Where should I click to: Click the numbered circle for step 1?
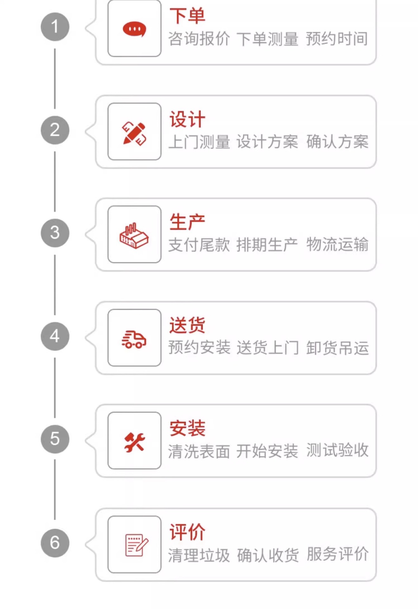pyautogui.click(x=55, y=27)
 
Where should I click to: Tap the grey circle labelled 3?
pyautogui.click(x=55, y=233)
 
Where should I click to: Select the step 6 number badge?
pyautogui.click(x=55, y=543)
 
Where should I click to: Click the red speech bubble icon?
pyautogui.click(x=134, y=29)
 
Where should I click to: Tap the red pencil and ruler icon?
pyautogui.click(x=134, y=133)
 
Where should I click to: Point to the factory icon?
pyautogui.click(x=134, y=235)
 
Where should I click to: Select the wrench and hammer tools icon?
pyautogui.click(x=134, y=442)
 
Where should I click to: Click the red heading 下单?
pyautogui.click(x=187, y=16)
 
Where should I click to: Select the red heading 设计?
pyautogui.click(x=187, y=119)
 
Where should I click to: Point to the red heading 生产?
pyautogui.click(x=187, y=222)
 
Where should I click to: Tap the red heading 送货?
pyautogui.click(x=187, y=325)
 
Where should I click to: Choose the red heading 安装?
pyautogui.click(x=187, y=428)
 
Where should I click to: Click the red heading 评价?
pyautogui.click(x=187, y=532)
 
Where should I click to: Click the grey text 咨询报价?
pyautogui.click(x=199, y=39)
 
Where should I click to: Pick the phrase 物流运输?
pyautogui.click(x=337, y=245)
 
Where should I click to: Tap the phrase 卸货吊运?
pyautogui.click(x=337, y=348)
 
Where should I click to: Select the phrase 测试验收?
pyautogui.click(x=337, y=450)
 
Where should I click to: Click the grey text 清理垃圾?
pyautogui.click(x=199, y=555)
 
